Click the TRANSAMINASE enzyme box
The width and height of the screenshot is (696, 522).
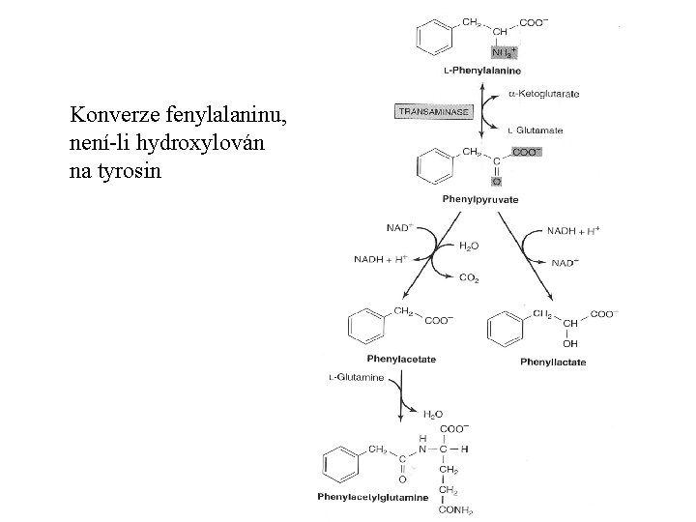pos(432,112)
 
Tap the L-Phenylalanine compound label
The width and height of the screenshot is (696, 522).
pos(482,71)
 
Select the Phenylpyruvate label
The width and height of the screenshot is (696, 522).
pos(480,199)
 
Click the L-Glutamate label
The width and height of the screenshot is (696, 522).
pos(540,130)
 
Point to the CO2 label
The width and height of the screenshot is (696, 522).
pos(469,278)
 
